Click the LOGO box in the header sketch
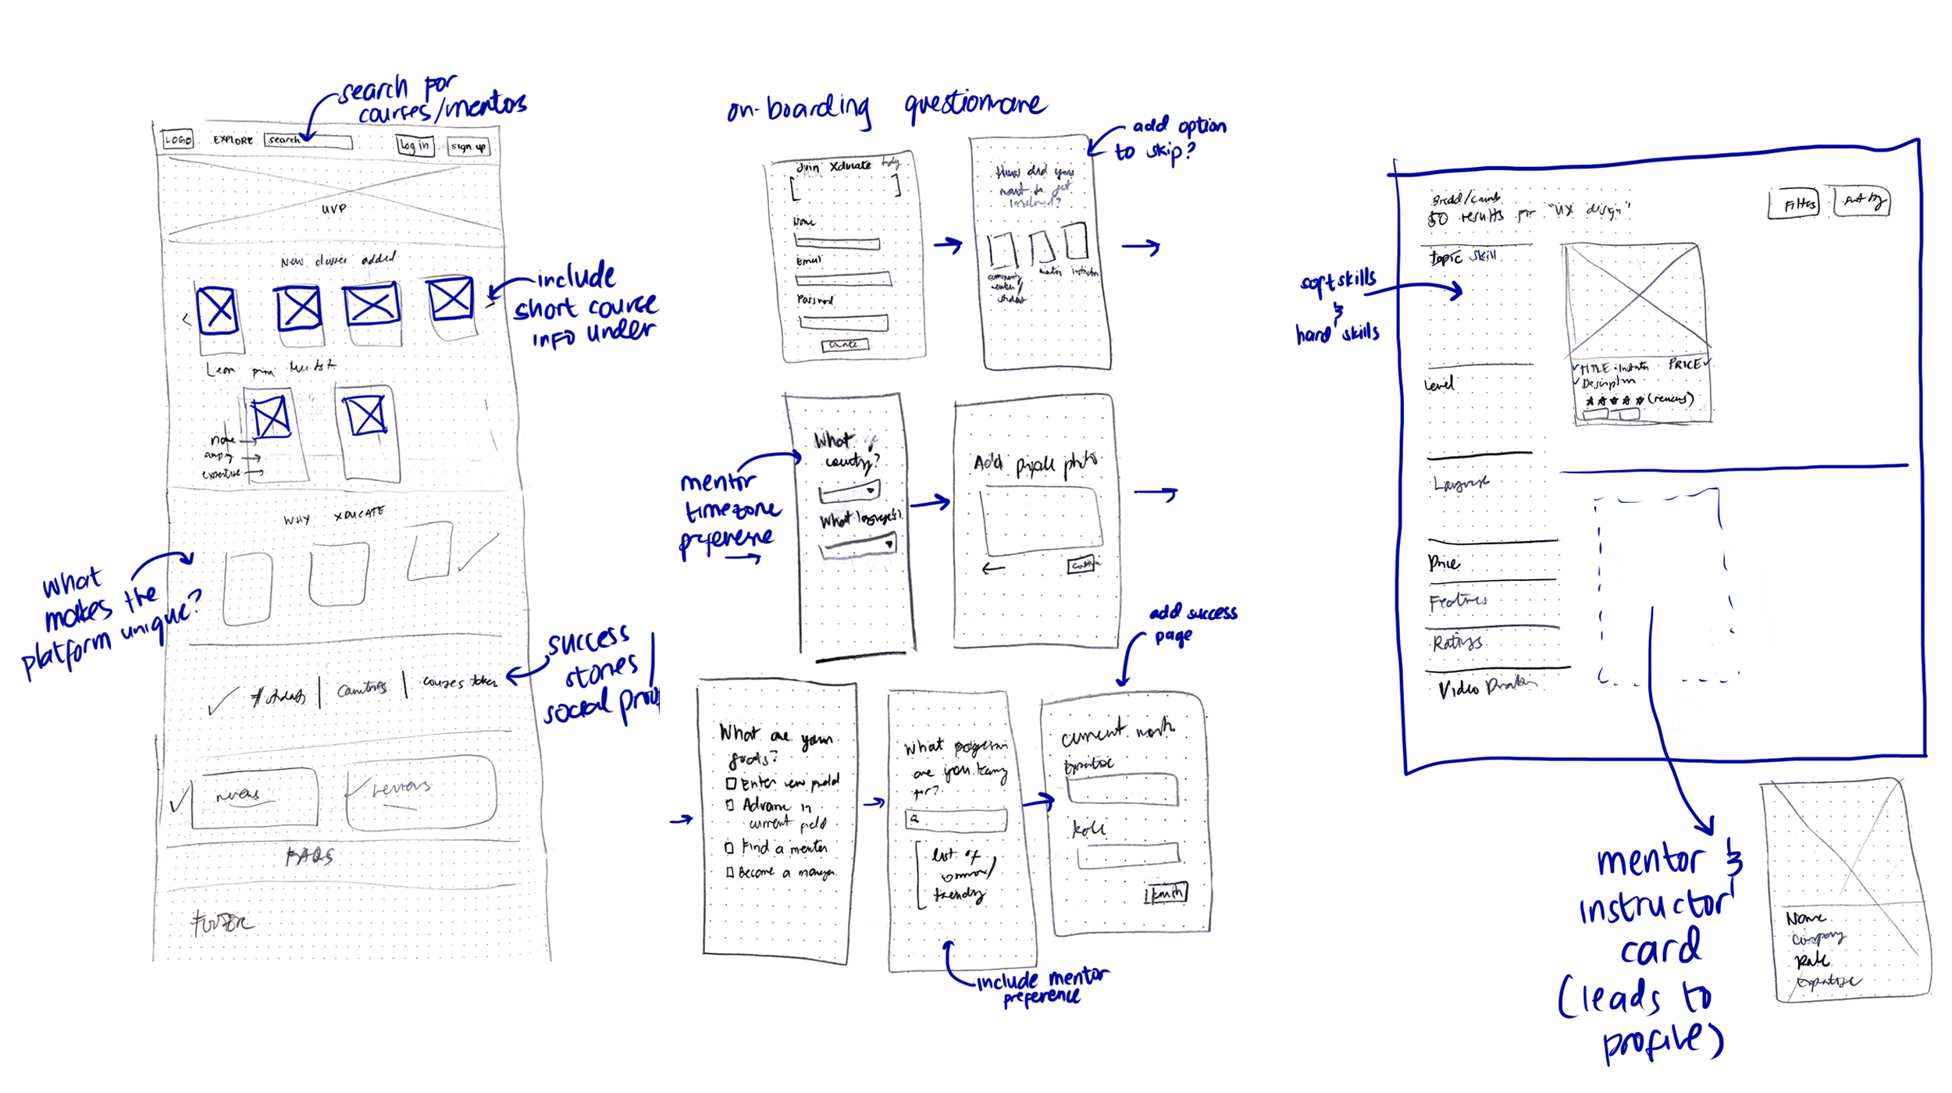tap(177, 140)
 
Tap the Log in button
tap(415, 145)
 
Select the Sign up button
tap(468, 146)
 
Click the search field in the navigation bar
tap(308, 141)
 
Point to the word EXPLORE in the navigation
tap(233, 141)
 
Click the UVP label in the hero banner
tap(334, 208)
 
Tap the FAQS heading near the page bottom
tap(309, 856)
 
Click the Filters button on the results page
tap(1794, 204)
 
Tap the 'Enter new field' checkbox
tap(732, 783)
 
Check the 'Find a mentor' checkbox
tap(729, 847)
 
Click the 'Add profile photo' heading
tap(1035, 464)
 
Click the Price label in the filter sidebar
tap(1443, 563)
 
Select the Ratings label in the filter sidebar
tap(1457, 643)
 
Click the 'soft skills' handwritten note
tap(1338, 282)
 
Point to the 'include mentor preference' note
tap(1042, 987)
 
